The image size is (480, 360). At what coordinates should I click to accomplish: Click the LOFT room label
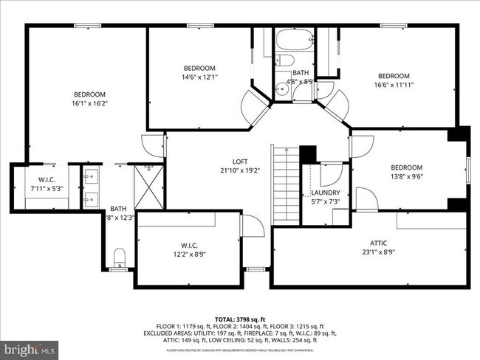tap(240, 162)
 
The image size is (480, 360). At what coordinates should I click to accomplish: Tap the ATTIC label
tap(378, 243)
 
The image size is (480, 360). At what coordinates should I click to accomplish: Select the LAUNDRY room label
tap(325, 193)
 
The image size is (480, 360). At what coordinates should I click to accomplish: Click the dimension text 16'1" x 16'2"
tap(89, 104)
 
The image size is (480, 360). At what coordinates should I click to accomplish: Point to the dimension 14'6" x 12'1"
tap(199, 77)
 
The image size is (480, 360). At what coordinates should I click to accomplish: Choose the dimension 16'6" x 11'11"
tap(394, 85)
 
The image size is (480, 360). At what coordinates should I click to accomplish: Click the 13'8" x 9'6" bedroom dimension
tap(406, 177)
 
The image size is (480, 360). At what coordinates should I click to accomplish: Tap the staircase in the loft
tap(285, 184)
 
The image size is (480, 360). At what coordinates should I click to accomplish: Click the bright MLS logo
tap(30, 347)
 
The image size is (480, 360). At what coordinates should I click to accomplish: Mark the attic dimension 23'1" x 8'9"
tap(378, 252)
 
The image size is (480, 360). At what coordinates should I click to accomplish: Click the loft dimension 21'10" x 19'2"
tap(240, 171)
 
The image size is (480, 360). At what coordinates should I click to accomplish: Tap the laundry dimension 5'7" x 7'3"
tap(325, 201)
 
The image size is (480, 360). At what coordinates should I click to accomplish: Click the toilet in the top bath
tap(286, 60)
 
